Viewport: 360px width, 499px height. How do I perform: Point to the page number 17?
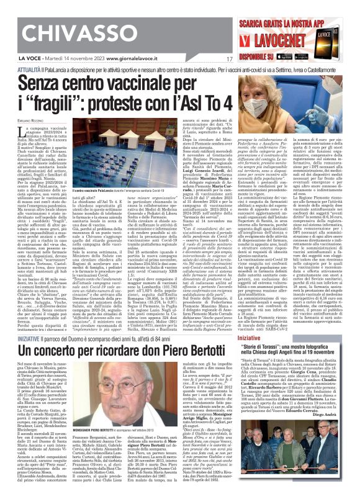[229, 60]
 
